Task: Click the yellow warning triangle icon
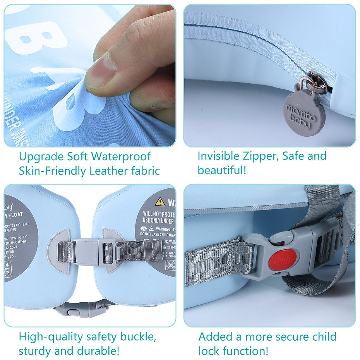pos(160,201)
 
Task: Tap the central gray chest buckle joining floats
pos(94,252)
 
